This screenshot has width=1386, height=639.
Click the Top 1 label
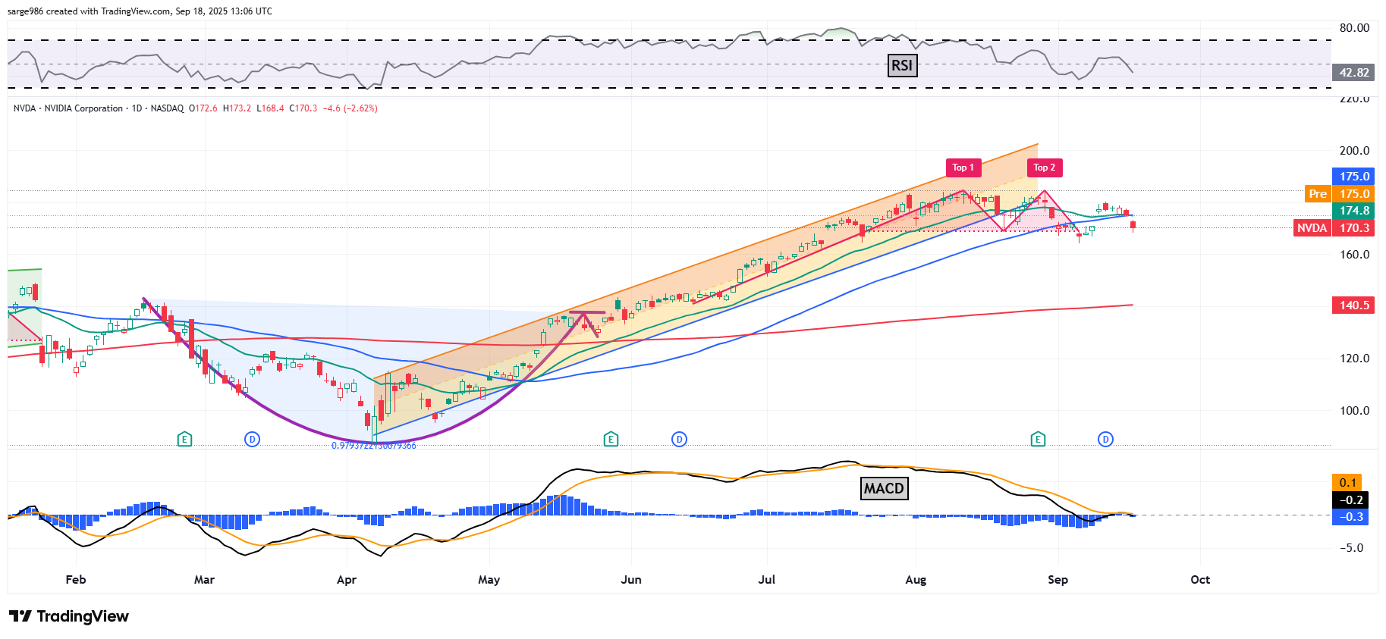point(963,168)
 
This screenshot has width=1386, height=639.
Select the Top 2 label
point(1045,168)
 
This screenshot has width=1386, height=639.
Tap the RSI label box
point(902,65)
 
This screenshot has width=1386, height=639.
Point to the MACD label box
point(884,488)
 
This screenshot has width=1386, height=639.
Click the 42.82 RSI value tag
point(1353,73)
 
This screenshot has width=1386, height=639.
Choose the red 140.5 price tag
point(1353,305)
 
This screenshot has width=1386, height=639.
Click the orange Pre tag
point(1318,194)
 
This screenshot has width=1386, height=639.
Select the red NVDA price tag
point(1312,228)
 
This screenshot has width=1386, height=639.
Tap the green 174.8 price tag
point(1353,211)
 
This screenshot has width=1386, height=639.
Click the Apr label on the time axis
point(346,580)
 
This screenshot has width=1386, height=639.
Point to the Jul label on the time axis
point(766,580)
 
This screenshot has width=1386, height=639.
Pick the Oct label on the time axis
point(1199,580)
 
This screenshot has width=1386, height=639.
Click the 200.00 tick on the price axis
point(1354,151)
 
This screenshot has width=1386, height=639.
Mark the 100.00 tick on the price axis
point(1354,411)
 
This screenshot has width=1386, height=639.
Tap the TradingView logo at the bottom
point(69,616)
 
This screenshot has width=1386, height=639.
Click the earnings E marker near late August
point(1038,439)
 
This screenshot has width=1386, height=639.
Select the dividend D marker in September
point(1105,439)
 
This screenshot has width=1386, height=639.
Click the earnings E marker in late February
point(184,439)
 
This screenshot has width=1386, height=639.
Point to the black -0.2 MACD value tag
point(1350,500)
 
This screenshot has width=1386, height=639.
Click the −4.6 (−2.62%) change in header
point(350,108)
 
